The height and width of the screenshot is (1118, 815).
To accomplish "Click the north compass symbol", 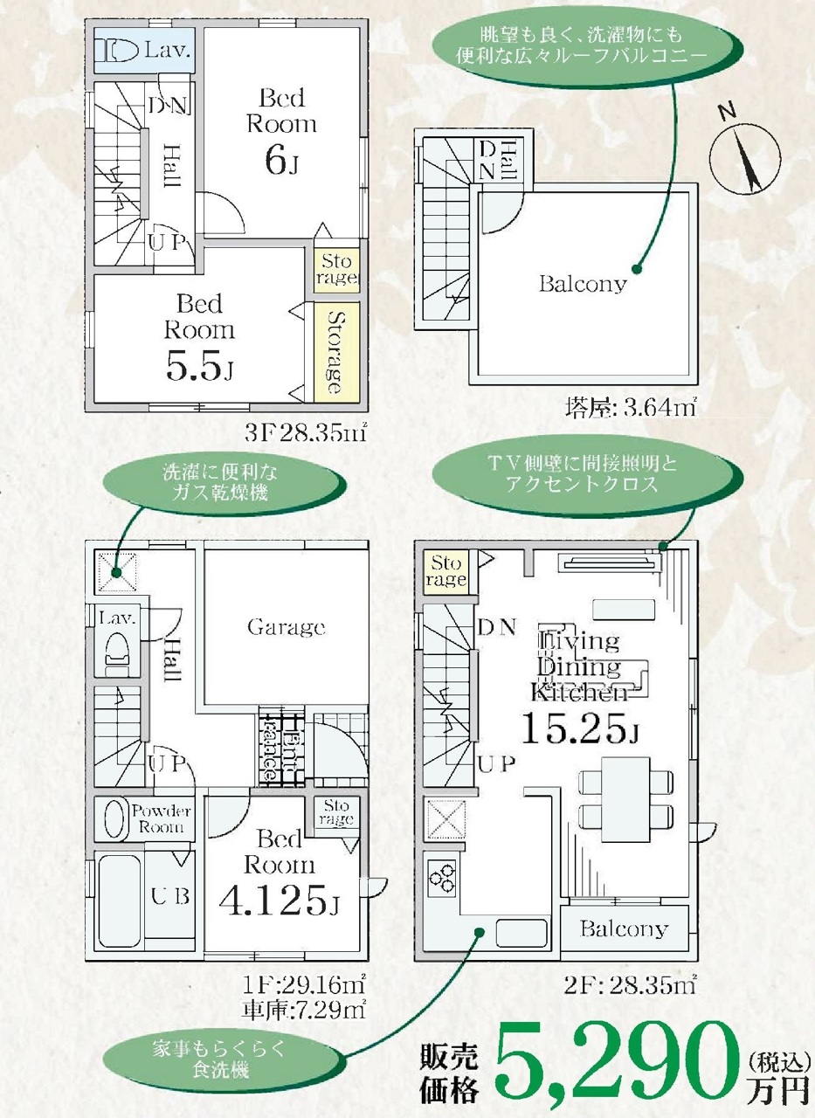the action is pos(744,155).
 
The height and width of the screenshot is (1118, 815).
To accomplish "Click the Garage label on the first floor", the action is pos(286,627).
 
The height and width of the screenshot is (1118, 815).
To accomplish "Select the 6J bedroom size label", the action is pos(281,162).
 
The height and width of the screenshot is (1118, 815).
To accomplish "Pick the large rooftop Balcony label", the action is pos(583,285).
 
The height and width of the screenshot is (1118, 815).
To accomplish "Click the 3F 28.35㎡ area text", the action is pos(307,434).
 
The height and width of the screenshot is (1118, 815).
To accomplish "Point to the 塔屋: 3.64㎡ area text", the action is pos(631,409).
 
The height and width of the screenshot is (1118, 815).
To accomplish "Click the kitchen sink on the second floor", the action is pos(521,931).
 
